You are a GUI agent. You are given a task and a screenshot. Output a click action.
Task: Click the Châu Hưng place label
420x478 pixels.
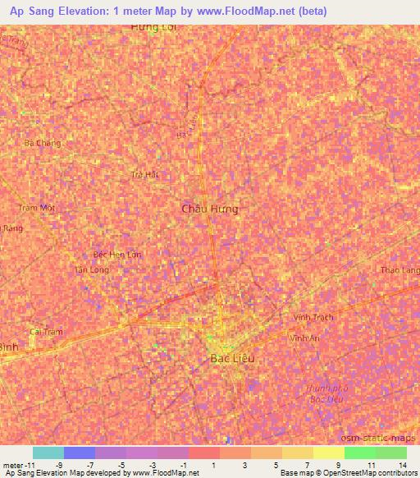click(x=210, y=209)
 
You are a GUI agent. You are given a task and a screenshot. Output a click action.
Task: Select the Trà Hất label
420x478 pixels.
click(x=144, y=174)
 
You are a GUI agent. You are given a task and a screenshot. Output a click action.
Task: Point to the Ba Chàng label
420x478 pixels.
click(x=43, y=142)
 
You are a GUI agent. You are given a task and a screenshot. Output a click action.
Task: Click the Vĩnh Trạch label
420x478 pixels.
click(x=313, y=317)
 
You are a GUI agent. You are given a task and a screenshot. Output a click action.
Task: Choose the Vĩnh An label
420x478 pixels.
click(x=304, y=338)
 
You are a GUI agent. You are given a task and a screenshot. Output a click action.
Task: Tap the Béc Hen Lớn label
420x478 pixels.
click(x=117, y=255)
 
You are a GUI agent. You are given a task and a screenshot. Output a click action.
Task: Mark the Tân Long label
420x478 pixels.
click(x=91, y=269)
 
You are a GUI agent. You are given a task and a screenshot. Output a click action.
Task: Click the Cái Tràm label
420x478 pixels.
click(x=46, y=332)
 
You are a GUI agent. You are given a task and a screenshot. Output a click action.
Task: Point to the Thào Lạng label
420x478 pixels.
click(x=401, y=269)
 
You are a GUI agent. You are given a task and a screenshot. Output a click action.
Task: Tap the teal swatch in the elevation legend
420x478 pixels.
click(x=48, y=453)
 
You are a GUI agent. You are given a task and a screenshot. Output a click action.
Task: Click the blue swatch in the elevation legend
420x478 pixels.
click(x=80, y=453)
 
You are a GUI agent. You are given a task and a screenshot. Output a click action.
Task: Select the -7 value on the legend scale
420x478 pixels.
click(x=89, y=464)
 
